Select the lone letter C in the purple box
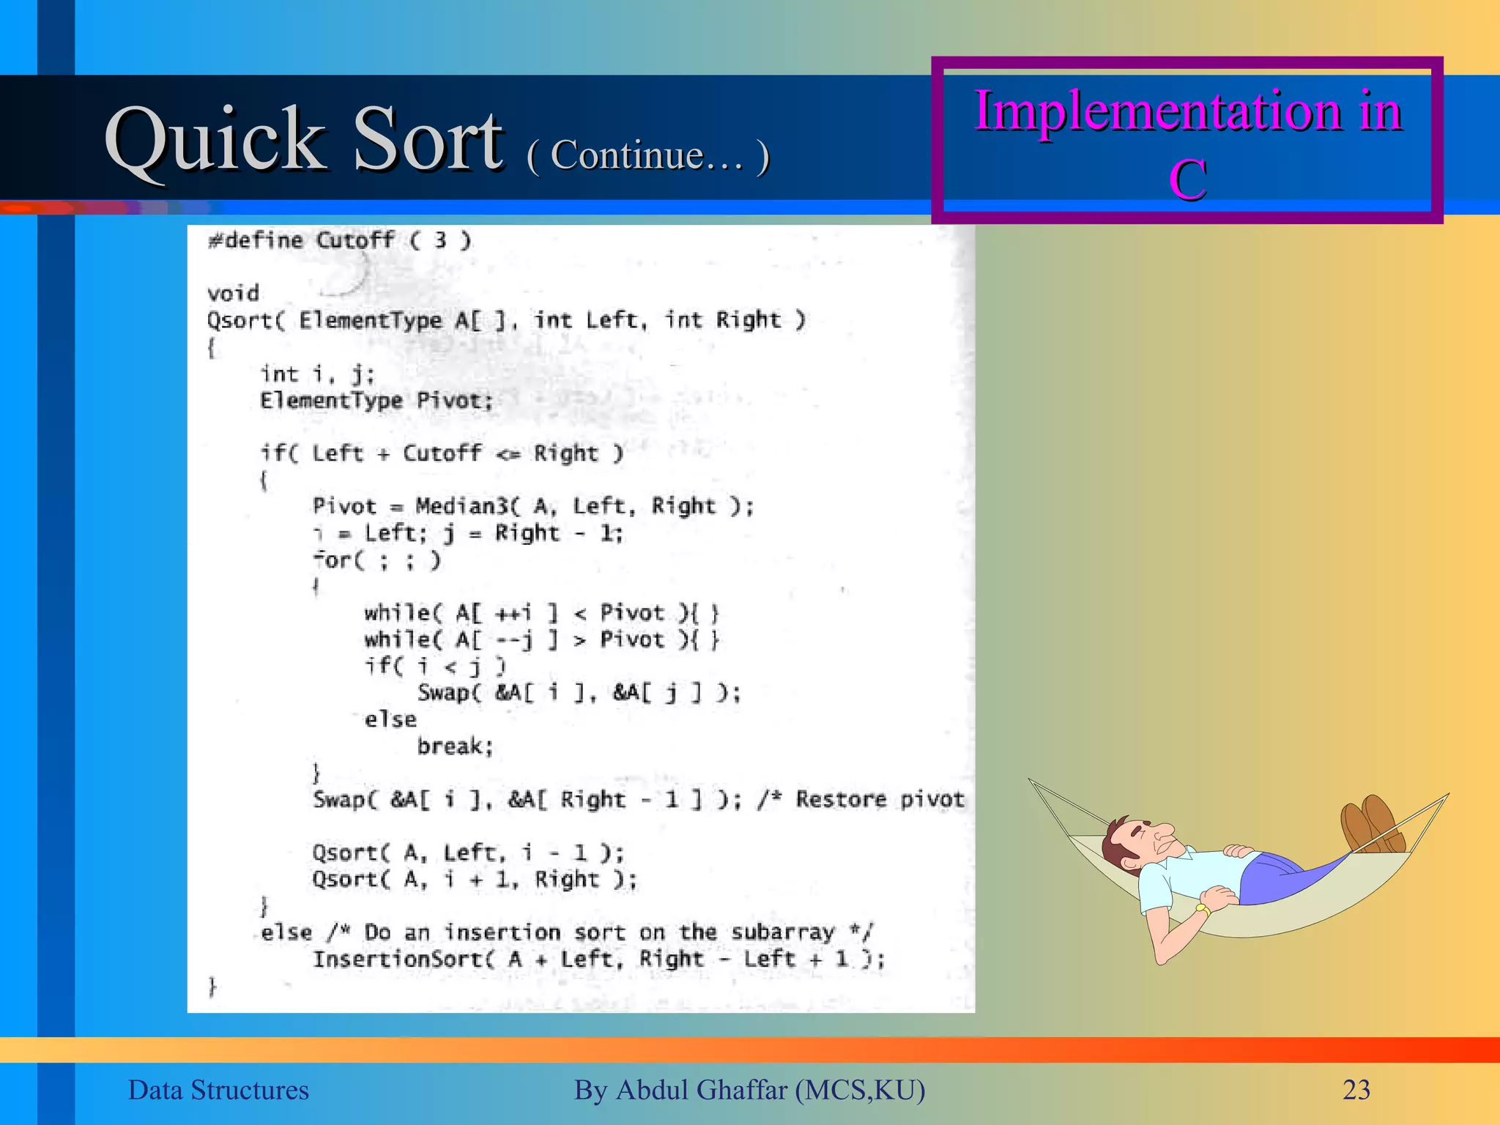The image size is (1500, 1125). pyautogui.click(x=1187, y=179)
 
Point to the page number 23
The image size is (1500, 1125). pyautogui.click(x=1356, y=1090)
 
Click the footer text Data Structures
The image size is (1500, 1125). pyautogui.click(x=218, y=1090)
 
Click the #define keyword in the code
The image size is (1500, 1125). pyautogui.click(x=255, y=240)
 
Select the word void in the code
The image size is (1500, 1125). pyautogui.click(x=233, y=294)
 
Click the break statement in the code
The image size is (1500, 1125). pyautogui.click(x=454, y=746)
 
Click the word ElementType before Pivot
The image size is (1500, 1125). pyautogui.click(x=331, y=401)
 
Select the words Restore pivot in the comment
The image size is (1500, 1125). pyautogui.click(x=880, y=799)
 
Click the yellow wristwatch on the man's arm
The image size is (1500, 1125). pyautogui.click(x=1202, y=910)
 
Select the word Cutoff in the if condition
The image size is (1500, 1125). pyautogui.click(x=442, y=453)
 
